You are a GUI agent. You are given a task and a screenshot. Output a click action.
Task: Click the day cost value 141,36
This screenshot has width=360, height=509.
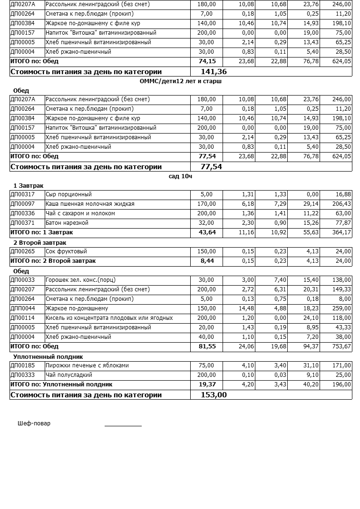[214, 72]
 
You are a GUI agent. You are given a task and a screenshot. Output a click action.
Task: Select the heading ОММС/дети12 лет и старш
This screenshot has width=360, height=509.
[181, 81]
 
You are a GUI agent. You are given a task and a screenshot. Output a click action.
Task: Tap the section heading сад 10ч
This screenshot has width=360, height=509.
[180, 176]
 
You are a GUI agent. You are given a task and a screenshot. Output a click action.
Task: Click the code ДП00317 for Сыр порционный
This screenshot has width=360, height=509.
[22, 194]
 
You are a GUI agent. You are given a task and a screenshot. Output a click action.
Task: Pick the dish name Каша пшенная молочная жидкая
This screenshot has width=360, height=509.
[90, 204]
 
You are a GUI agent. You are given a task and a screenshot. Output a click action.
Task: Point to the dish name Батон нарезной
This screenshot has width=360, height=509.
[67, 223]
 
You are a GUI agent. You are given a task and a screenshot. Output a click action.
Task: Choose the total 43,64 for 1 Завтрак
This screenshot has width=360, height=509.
[207, 232]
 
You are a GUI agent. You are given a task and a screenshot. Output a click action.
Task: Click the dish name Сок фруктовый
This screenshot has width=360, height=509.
[66, 251]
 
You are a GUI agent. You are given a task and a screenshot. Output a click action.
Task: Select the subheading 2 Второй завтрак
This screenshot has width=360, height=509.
[39, 243]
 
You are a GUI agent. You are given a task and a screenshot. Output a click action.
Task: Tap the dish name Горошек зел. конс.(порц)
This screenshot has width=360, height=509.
[80, 280]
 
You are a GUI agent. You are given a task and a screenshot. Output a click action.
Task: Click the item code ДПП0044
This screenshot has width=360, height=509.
[22, 308]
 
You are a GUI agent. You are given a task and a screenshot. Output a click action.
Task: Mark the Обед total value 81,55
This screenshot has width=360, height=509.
[207, 346]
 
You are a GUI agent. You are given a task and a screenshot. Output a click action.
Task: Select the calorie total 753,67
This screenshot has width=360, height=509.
[341, 346]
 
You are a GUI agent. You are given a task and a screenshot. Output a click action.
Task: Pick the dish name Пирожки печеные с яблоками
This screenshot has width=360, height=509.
[87, 365]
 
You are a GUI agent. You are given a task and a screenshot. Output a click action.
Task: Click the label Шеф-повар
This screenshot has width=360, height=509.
[34, 423]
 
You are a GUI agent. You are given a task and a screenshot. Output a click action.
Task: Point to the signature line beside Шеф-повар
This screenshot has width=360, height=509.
[123, 425]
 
